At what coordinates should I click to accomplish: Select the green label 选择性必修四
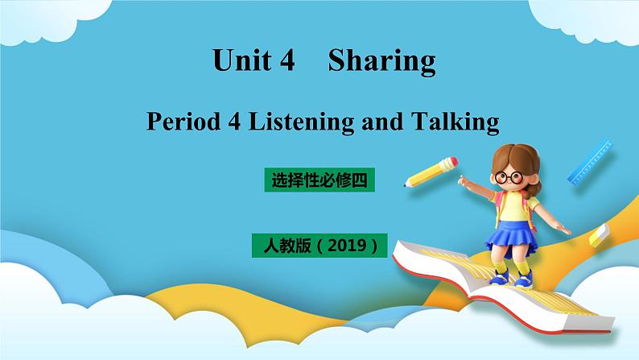pyautogui.click(x=319, y=182)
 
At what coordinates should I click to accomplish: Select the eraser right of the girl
pyautogui.click(x=600, y=235)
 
